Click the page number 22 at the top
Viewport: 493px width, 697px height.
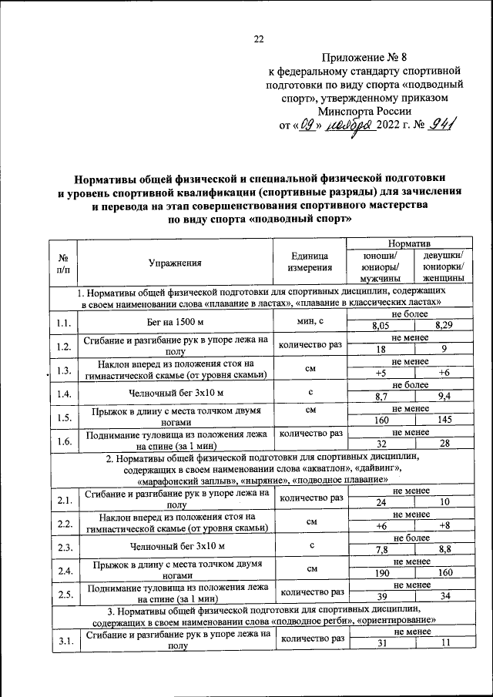259,41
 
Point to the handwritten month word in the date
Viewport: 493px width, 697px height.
348,126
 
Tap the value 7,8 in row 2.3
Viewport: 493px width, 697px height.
380,550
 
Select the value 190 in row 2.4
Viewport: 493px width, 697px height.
380,573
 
